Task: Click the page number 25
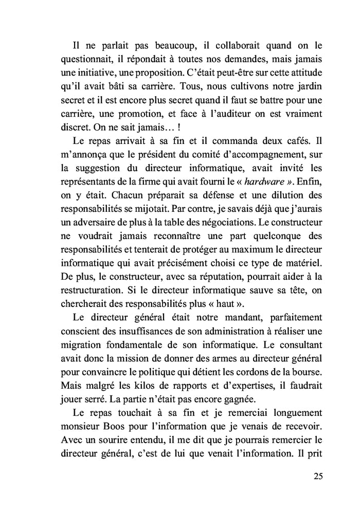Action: [317, 477]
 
